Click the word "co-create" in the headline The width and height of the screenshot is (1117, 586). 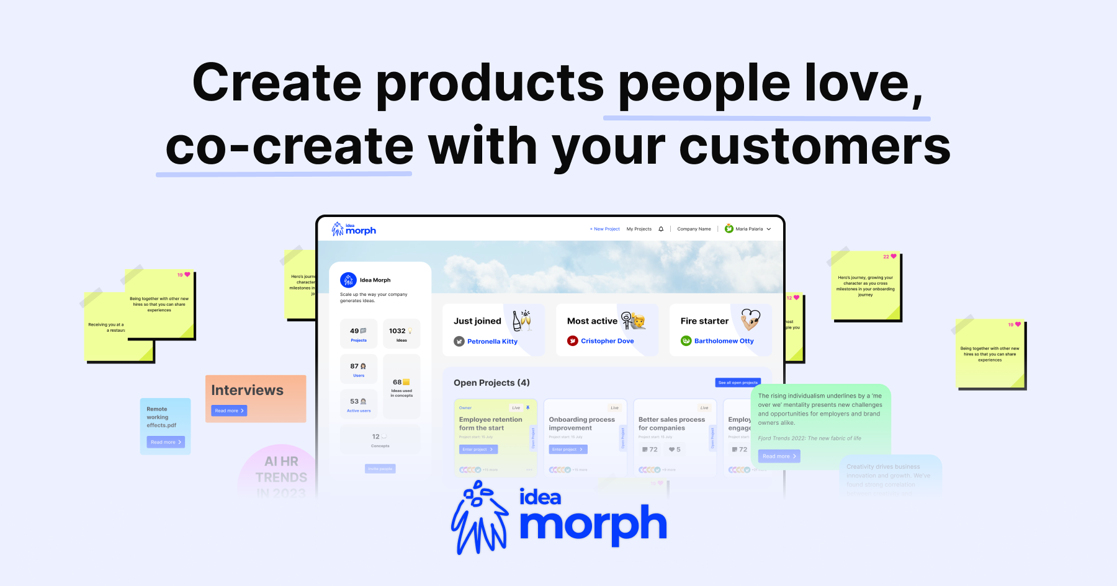289,147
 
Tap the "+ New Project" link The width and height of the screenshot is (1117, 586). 604,229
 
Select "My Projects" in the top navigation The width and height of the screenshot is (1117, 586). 639,229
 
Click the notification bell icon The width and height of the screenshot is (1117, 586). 661,229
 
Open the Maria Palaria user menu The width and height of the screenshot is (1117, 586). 748,229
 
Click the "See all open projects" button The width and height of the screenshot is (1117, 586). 737,383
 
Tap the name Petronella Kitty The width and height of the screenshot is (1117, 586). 492,341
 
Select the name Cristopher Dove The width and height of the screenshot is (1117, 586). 607,341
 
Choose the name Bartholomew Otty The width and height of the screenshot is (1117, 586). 724,341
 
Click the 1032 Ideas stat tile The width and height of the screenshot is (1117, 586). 401,334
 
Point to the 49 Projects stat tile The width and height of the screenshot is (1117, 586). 358,334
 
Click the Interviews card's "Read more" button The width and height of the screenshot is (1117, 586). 229,411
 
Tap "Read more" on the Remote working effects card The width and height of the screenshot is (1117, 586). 166,442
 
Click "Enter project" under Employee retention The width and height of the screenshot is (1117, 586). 478,450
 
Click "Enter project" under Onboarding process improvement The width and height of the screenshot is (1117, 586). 567,450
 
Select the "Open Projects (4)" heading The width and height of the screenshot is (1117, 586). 491,383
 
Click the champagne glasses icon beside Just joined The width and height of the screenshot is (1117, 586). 521,319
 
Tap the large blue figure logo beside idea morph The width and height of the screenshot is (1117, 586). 479,517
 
